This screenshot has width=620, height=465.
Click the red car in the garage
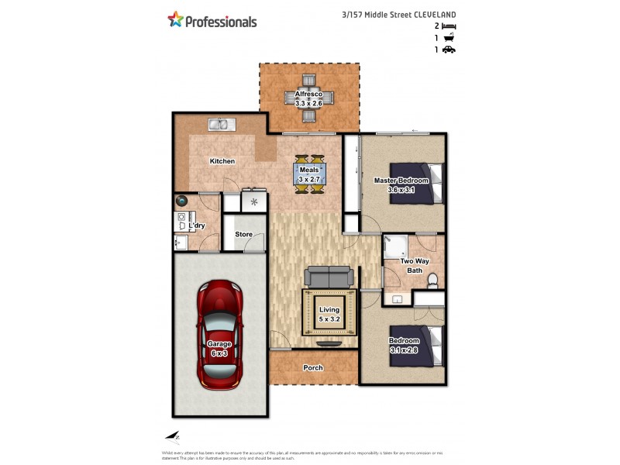(x=219, y=335)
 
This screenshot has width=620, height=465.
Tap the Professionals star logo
(x=176, y=20)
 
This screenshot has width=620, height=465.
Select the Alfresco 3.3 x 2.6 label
(x=308, y=98)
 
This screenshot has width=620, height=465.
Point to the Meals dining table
(x=309, y=174)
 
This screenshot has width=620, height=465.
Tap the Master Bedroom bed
(x=416, y=182)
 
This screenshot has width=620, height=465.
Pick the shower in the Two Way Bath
(x=396, y=246)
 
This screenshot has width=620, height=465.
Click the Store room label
(x=244, y=233)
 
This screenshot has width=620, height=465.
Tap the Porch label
(x=313, y=367)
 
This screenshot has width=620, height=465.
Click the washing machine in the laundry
(x=183, y=201)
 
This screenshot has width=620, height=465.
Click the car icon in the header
(x=449, y=50)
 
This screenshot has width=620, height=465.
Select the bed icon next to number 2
(x=449, y=26)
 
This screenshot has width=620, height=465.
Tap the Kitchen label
(x=222, y=161)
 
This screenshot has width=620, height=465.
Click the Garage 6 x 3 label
(x=219, y=348)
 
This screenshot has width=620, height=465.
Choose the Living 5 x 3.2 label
(x=329, y=314)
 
